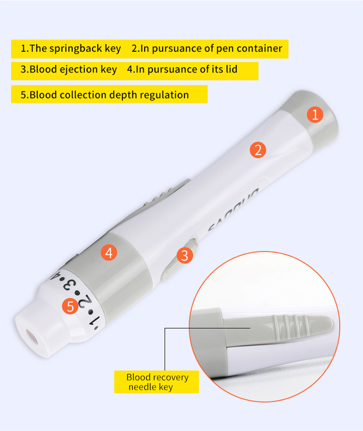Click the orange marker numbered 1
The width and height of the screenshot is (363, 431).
point(315,115)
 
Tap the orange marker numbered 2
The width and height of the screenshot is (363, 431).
point(257,149)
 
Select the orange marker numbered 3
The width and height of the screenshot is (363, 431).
point(185,255)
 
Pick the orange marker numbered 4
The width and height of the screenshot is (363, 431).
point(109,252)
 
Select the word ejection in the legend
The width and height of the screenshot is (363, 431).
point(79,70)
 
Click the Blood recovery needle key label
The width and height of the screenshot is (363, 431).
point(157,382)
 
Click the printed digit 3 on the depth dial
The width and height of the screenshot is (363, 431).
point(70,285)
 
